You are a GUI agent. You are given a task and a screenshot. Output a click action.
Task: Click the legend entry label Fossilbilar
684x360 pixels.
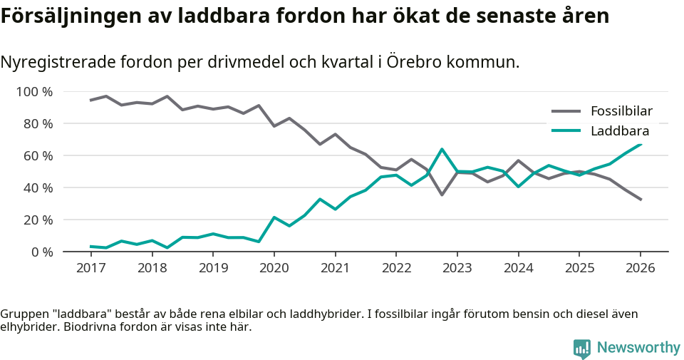[621, 110]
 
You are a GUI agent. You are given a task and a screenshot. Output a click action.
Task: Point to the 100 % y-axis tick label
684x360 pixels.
[35, 92]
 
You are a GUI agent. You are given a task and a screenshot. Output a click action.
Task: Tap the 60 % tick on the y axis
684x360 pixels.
[38, 156]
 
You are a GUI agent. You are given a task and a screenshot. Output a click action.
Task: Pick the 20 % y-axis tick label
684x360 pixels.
[38, 220]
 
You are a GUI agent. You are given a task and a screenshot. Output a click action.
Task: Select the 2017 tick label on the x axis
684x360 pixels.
[90, 268]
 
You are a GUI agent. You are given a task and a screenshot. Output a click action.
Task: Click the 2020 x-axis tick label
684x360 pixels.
[274, 268]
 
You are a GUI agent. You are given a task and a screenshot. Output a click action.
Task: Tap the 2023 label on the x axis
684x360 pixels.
[457, 268]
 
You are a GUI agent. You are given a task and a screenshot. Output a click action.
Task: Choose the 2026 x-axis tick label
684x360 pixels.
[640, 268]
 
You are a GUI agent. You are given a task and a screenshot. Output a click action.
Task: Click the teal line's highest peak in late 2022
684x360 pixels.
[442, 149]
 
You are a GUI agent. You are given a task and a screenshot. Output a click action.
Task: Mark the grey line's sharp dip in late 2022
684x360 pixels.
[442, 195]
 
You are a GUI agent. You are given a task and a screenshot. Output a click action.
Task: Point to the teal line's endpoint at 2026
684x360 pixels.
[641, 144]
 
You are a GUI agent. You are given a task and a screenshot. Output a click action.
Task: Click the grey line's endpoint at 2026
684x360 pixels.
[641, 200]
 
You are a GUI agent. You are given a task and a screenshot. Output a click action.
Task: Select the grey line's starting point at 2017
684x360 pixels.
[90, 100]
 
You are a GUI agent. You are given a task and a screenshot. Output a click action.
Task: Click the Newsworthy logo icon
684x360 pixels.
[582, 348]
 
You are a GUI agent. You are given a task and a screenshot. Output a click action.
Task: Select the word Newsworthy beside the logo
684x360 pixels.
[638, 348]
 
